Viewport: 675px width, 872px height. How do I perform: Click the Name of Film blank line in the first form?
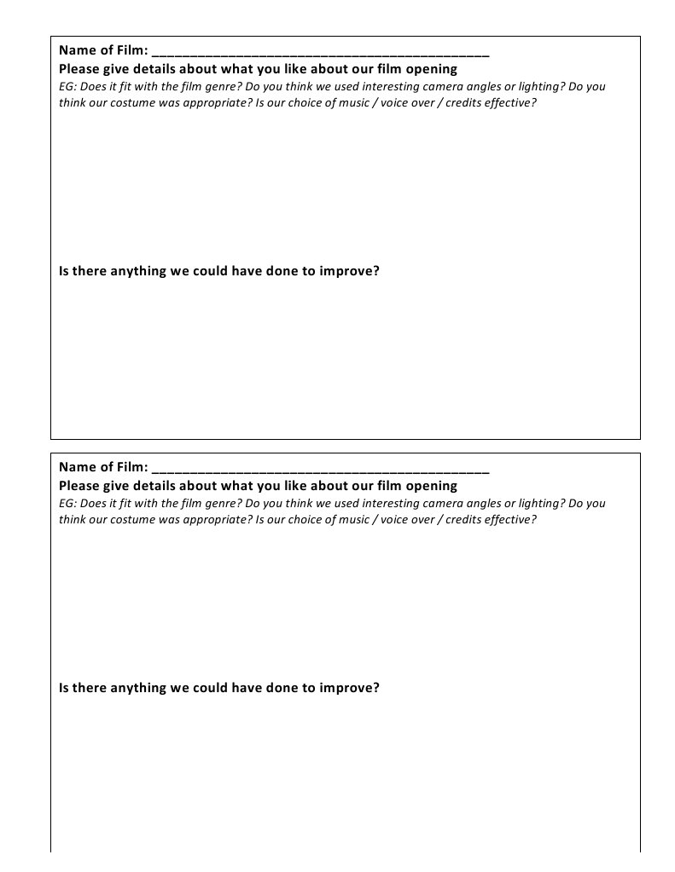pyautogui.click(x=320, y=53)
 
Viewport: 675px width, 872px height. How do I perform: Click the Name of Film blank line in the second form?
pyautogui.click(x=320, y=470)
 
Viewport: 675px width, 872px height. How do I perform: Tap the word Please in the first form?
pyautogui.click(x=79, y=69)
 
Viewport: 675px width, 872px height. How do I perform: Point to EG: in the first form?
pyautogui.click(x=67, y=86)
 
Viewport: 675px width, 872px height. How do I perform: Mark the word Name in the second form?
pyautogui.click(x=76, y=467)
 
